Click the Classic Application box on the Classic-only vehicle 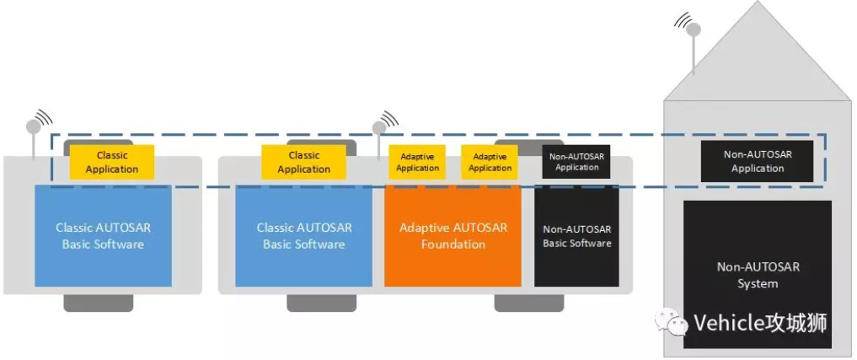pyautogui.click(x=111, y=162)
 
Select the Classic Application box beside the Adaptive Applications pyautogui.click(x=303, y=162)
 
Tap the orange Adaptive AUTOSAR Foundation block pyautogui.click(x=453, y=236)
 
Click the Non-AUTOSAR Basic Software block pyautogui.click(x=576, y=236)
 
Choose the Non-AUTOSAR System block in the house pyautogui.click(x=757, y=274)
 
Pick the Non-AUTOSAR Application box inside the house pyautogui.click(x=757, y=161)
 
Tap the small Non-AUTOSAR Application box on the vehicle pyautogui.click(x=576, y=161)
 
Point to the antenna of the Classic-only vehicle pyautogui.click(x=34, y=127)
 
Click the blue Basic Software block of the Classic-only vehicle pyautogui.click(x=103, y=236)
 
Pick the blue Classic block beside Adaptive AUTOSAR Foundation pyautogui.click(x=303, y=236)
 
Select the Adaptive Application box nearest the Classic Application pyautogui.click(x=417, y=162)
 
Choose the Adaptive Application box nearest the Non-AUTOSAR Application pyautogui.click(x=490, y=162)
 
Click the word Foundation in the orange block pyautogui.click(x=453, y=244)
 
